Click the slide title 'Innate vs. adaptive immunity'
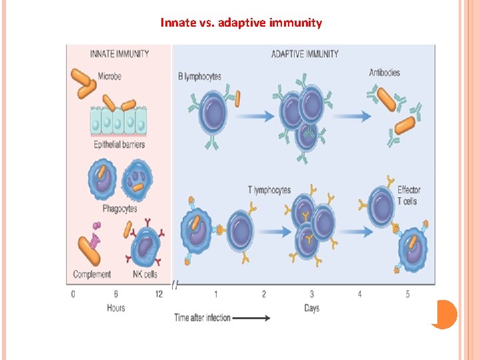point(241,23)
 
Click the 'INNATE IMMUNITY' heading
point(119,53)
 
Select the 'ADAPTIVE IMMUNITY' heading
point(305,53)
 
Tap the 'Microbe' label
point(109,77)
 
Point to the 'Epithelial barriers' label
point(119,144)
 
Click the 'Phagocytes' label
point(120,208)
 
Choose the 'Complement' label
point(92,273)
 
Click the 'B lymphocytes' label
point(200,77)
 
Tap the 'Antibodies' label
point(385,72)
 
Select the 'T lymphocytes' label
point(269,190)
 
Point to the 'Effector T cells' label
point(409,195)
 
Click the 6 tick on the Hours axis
point(115,294)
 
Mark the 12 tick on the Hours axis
point(159,294)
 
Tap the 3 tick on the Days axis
point(312,294)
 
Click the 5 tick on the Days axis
point(407,294)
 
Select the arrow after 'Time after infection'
point(251,318)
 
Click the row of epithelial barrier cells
point(117,123)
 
